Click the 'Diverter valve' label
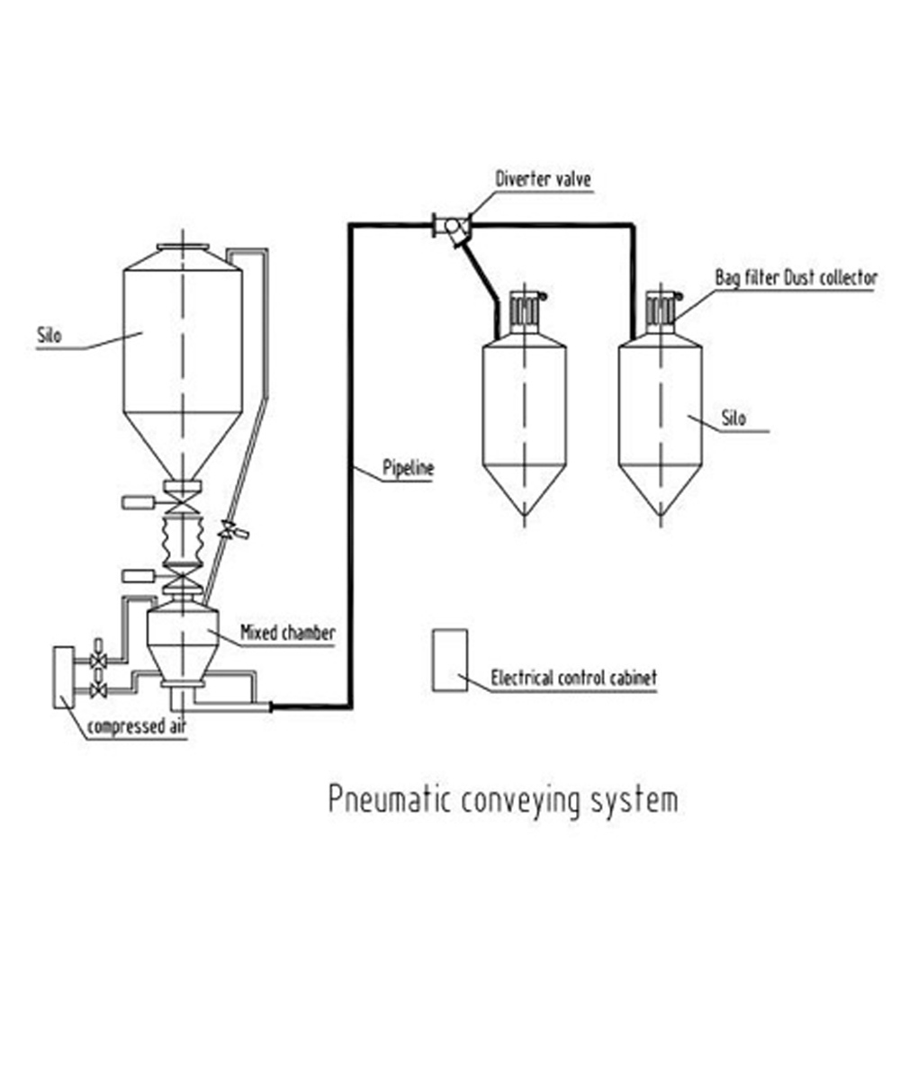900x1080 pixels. point(543,179)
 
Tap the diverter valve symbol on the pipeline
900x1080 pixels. point(452,227)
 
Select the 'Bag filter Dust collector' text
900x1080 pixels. point(796,278)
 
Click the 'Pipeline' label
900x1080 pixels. point(408,468)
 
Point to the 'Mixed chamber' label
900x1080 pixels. point(288,633)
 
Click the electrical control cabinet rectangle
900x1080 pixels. point(450,660)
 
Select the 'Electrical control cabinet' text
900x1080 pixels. point(573,678)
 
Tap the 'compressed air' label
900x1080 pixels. point(137,726)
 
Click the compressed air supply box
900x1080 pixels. point(64,677)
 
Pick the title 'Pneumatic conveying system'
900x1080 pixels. point(503,800)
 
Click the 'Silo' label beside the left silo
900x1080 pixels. point(49,336)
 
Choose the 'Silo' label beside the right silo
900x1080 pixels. point(734,418)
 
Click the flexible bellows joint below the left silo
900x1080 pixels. point(182,540)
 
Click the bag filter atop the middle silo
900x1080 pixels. point(526,312)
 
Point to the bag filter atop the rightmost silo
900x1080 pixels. point(661,312)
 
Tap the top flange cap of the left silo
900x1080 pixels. point(183,247)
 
